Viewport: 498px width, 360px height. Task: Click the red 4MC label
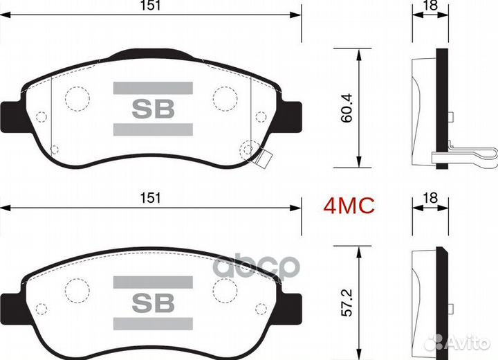[349, 206]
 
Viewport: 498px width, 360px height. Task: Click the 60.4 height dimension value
[347, 108]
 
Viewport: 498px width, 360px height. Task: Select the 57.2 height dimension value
[347, 303]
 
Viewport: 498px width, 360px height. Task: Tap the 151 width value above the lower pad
[150, 198]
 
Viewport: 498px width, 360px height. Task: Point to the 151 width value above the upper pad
[150, 6]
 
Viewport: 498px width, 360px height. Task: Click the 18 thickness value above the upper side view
[431, 5]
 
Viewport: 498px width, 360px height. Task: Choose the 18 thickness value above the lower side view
[431, 198]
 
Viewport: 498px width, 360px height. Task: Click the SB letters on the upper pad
[153, 109]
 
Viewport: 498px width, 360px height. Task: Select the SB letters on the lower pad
[153, 303]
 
